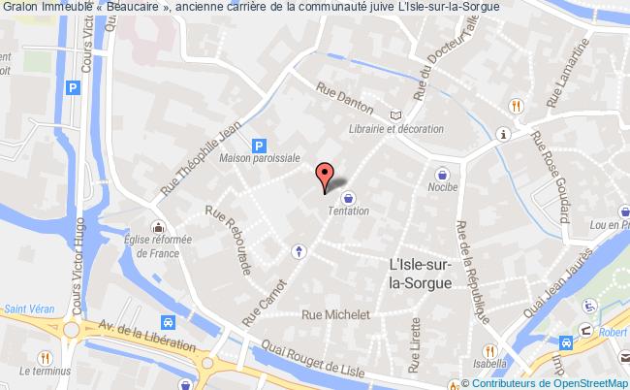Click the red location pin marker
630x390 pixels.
pos(327,174)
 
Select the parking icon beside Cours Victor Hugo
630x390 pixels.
pos(71,88)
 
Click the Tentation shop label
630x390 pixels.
pos(349,211)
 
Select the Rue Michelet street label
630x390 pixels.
pos(336,314)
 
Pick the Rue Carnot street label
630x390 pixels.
pos(264,296)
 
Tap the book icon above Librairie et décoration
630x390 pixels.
pos(394,114)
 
